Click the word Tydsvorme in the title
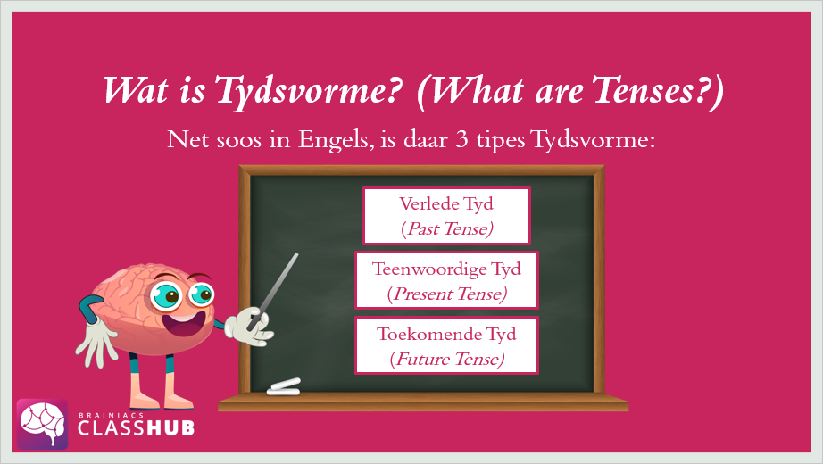[309, 91]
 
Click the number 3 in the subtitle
[461, 139]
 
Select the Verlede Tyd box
[446, 216]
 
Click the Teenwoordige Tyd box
[446, 280]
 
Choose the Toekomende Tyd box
[446, 345]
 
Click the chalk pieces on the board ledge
[284, 387]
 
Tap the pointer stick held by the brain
[274, 290]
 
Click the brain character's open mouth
[182, 326]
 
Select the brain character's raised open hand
[97, 341]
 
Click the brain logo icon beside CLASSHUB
[43, 424]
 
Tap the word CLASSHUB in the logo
[136, 427]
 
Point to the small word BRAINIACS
[104, 415]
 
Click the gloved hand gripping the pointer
[248, 327]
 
